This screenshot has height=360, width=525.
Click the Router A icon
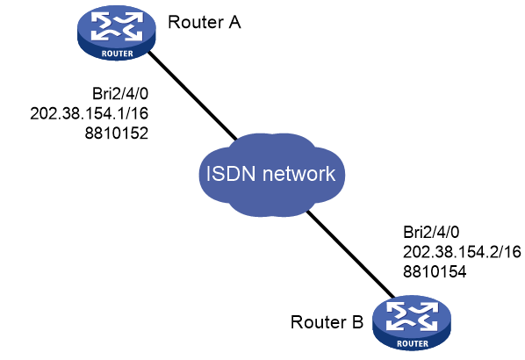point(117,32)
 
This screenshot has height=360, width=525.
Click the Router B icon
point(412,323)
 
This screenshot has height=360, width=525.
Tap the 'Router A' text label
point(205,23)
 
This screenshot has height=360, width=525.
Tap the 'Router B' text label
point(327,322)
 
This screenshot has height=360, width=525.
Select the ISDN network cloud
point(271,175)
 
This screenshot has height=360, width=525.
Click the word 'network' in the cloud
point(298,174)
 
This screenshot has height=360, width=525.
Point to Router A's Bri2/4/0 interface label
point(120,94)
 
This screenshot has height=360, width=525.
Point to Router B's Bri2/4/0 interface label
point(431,232)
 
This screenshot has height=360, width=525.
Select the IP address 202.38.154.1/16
point(89,113)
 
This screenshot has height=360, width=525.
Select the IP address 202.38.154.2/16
point(462,252)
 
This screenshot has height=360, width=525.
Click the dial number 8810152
point(117,133)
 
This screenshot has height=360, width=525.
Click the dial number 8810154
point(435,271)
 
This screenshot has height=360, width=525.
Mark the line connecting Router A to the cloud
point(192,95)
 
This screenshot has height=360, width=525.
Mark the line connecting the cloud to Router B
point(351,254)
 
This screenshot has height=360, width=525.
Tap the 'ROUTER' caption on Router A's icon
point(117,54)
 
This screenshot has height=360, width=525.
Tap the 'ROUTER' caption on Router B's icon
point(413,343)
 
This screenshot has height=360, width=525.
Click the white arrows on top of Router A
point(117,26)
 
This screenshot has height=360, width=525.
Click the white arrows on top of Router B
point(412,316)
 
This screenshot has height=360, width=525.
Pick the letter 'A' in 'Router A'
point(234,23)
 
